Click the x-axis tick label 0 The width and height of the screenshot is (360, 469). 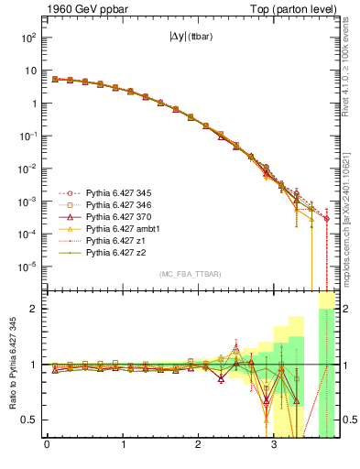47,447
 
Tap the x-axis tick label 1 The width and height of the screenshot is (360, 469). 123,447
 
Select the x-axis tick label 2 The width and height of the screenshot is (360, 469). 199,447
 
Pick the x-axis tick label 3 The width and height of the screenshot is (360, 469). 275,447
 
